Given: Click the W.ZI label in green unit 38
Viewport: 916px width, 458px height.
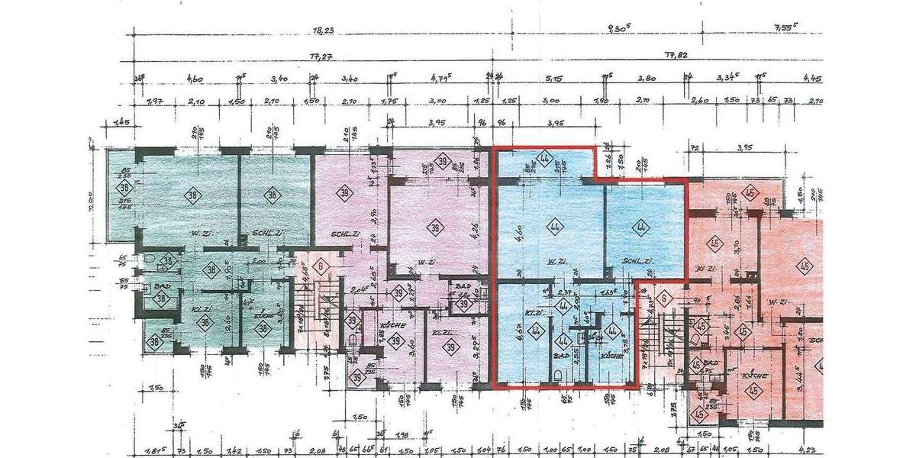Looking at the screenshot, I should pos(202,233).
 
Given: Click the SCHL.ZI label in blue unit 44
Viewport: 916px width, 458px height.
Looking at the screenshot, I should pos(636,261).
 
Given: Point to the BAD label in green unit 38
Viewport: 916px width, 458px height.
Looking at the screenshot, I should pos(161,285).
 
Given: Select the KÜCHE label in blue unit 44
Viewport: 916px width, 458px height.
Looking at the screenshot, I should pos(612,356).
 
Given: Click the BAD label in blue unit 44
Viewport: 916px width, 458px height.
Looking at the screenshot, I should pos(563,356).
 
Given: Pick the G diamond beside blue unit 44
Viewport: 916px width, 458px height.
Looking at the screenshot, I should pos(663,298).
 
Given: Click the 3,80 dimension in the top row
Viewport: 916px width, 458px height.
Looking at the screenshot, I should pos(647,78).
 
